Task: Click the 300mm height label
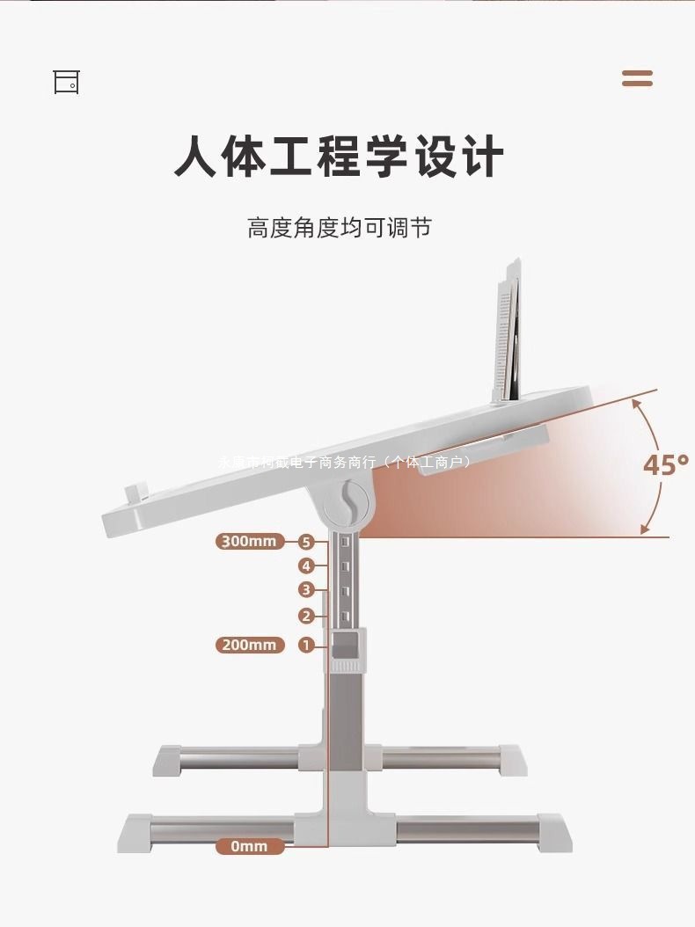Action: pos(250,541)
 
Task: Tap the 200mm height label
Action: pos(250,645)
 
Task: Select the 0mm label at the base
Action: pos(250,846)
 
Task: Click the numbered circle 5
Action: pos(306,542)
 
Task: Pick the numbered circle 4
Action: pos(306,566)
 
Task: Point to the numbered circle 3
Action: pos(306,589)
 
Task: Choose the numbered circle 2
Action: pos(306,616)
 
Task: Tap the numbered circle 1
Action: pos(306,645)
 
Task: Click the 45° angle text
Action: pos(664,464)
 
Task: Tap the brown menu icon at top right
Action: pos(637,78)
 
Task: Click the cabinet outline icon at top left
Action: pos(66,82)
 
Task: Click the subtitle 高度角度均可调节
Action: pos(339,229)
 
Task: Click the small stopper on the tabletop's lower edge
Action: pos(136,493)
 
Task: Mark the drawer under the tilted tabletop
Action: pos(484,447)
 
